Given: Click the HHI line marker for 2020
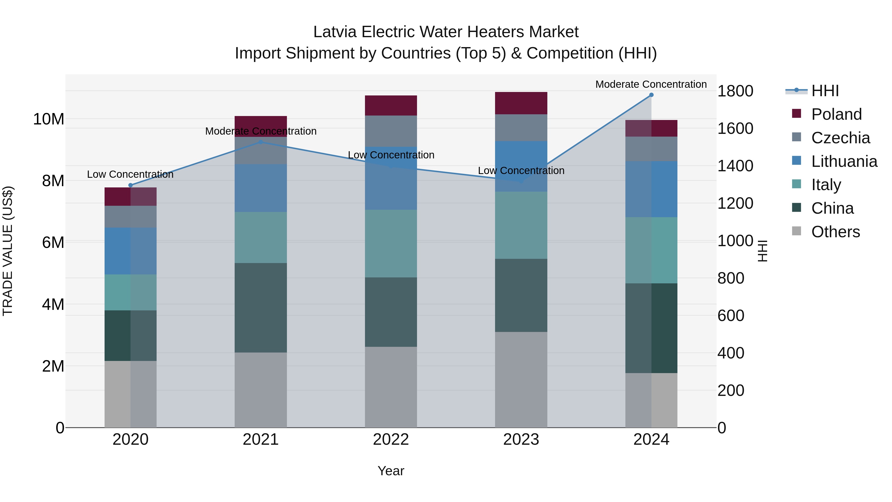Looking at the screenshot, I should [x=131, y=185].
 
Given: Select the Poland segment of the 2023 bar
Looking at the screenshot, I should [x=521, y=103].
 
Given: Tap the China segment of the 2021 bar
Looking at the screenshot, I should [x=260, y=308].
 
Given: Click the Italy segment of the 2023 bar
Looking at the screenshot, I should [x=521, y=225].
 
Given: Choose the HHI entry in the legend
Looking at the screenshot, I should [x=825, y=91].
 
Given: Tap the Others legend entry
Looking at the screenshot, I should [x=835, y=232].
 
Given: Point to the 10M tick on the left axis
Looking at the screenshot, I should [x=49, y=119].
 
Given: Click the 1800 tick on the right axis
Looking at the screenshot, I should [x=735, y=91].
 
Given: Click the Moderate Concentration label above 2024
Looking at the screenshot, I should [x=651, y=84].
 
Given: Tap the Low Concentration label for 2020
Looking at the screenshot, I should [x=130, y=174].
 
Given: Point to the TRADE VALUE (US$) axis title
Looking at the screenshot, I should [x=8, y=251].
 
